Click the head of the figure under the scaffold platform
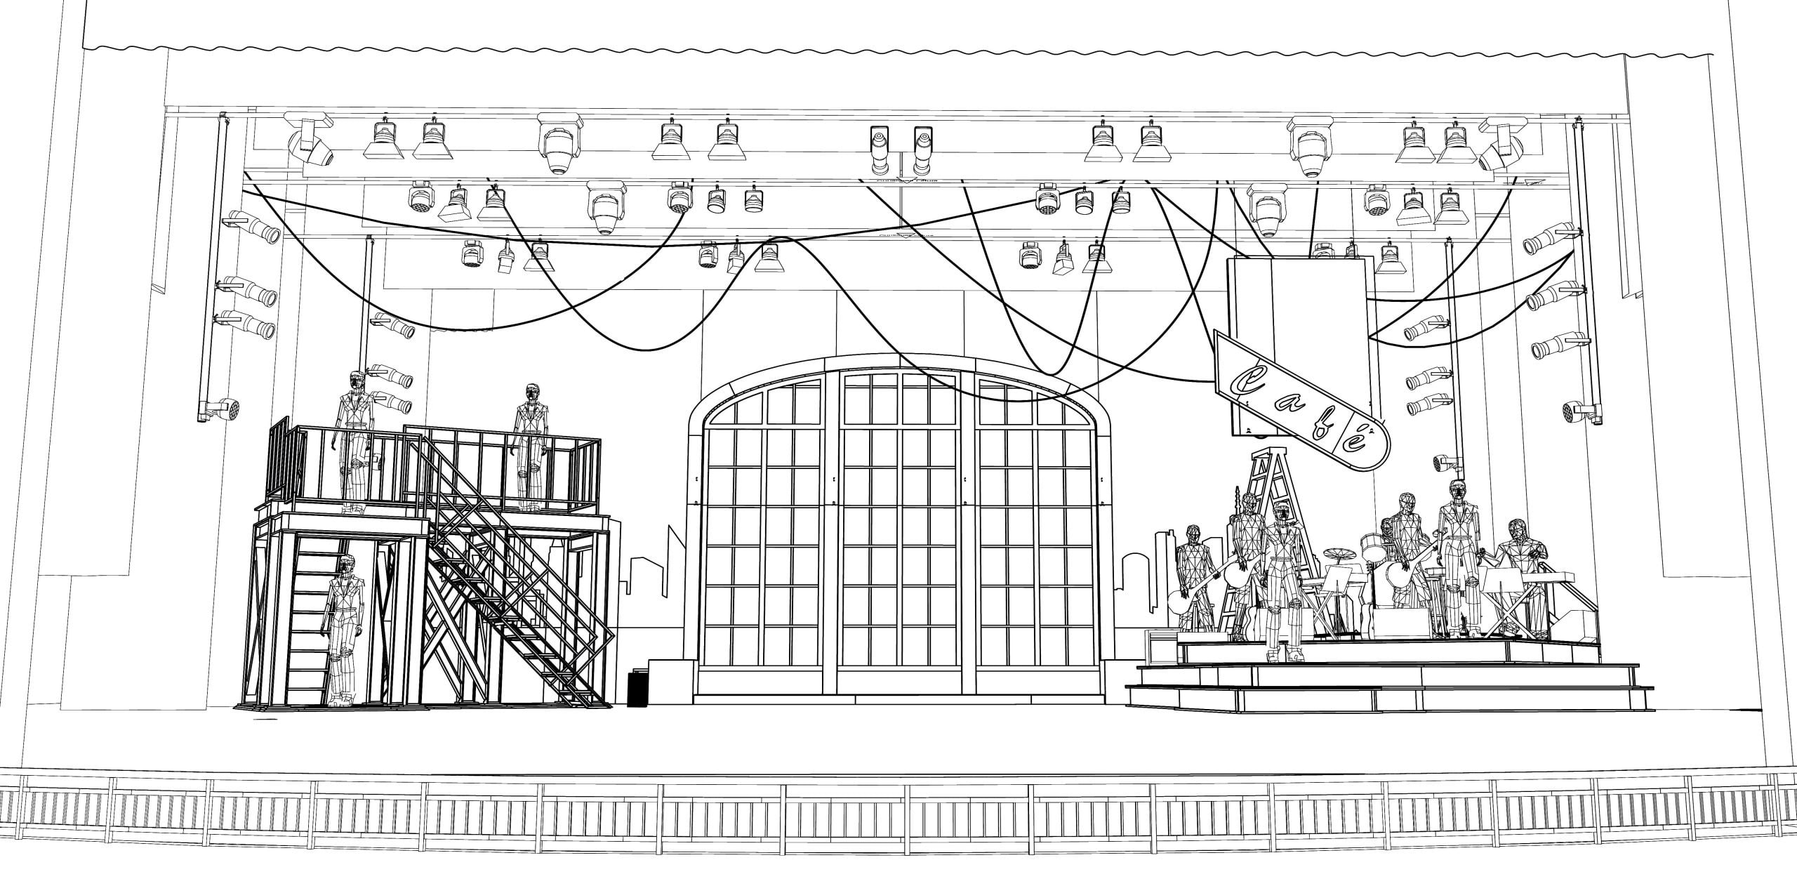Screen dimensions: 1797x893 pyautogui.click(x=345, y=566)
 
